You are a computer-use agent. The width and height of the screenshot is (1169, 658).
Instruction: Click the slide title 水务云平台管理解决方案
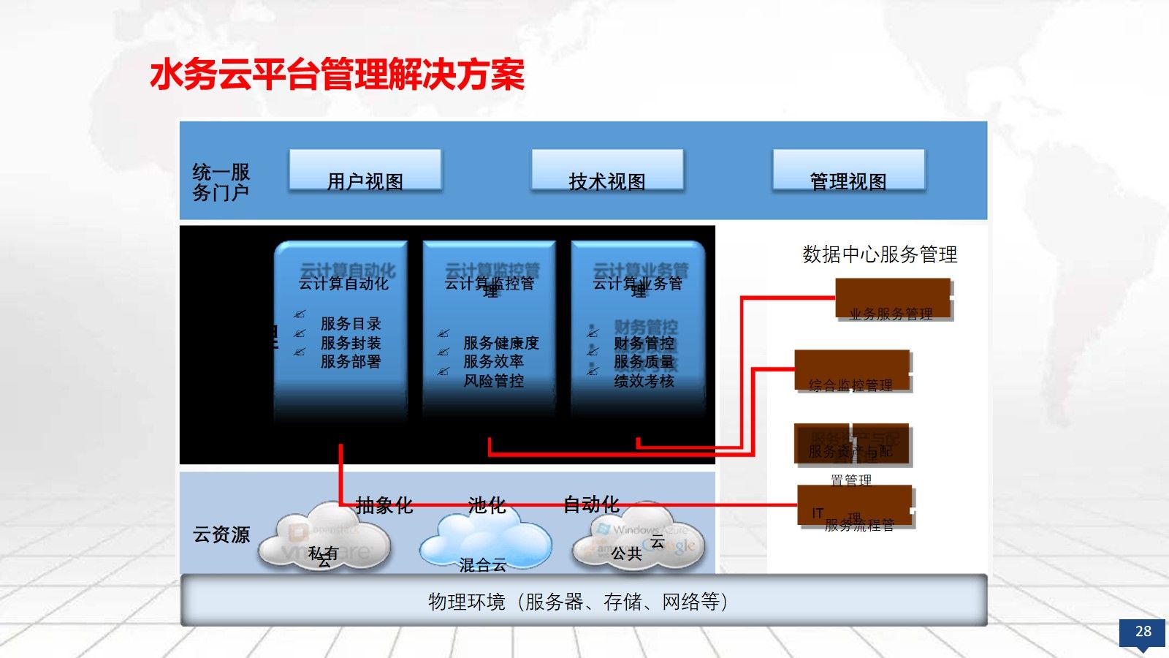[x=337, y=75]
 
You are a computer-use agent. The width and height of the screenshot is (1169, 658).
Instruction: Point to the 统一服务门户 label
[x=221, y=182]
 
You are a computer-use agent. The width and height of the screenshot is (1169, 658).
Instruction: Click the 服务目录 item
[x=351, y=323]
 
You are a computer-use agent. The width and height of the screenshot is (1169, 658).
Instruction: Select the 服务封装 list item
[x=351, y=343]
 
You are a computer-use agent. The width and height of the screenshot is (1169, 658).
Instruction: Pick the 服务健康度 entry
[x=501, y=343]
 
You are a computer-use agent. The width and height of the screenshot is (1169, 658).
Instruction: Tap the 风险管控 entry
[x=494, y=381]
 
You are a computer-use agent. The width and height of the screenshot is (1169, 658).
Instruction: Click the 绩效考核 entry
[x=644, y=381]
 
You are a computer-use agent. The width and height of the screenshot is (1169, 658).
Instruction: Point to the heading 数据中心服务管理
[x=880, y=254]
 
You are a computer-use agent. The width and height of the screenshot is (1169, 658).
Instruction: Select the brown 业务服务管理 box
[x=893, y=299]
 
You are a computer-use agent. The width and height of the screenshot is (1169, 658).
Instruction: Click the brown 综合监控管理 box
[x=852, y=371]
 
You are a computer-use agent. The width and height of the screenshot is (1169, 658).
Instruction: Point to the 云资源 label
[x=221, y=534]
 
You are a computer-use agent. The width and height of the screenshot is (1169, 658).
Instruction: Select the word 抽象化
[x=384, y=504]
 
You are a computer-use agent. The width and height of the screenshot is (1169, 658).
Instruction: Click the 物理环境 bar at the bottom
[x=583, y=601]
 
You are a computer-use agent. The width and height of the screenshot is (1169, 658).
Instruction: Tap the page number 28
[x=1143, y=632]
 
